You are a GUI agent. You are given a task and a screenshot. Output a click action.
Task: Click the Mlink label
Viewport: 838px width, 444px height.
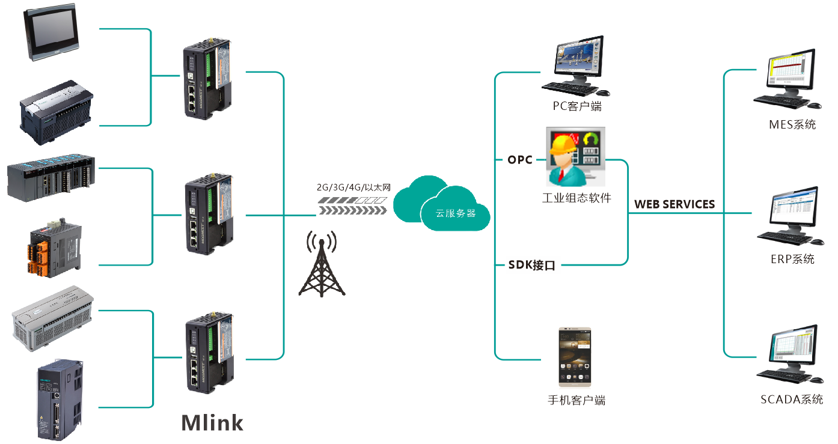[x=212, y=422]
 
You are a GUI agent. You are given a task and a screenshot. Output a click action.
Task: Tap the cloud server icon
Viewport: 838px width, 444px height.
[x=442, y=204]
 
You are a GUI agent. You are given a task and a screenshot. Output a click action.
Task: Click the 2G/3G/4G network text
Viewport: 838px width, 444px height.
[x=353, y=187]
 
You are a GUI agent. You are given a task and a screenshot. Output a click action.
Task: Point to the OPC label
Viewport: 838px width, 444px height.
[x=520, y=160]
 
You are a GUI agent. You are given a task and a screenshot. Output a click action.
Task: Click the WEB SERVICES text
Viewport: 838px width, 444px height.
[x=674, y=204]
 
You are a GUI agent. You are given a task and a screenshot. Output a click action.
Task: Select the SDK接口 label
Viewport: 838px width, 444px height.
[x=531, y=265]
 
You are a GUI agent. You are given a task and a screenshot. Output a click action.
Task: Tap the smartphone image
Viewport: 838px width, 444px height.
[x=575, y=357]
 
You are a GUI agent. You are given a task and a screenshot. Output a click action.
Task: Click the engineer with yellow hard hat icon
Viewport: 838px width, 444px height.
[x=575, y=157]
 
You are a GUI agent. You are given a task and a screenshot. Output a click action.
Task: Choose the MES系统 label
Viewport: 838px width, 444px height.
[x=792, y=125]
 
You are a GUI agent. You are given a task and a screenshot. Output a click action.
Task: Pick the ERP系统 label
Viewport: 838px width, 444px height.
[x=792, y=259]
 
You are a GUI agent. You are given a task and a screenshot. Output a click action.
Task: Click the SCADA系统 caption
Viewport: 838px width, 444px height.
[x=791, y=400]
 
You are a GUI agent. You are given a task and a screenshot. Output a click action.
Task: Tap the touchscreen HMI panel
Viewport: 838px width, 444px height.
[x=52, y=33]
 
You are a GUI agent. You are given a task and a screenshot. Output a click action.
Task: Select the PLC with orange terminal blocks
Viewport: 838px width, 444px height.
[x=55, y=249]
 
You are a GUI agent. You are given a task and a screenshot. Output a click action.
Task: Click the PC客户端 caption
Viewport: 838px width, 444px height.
[x=577, y=107]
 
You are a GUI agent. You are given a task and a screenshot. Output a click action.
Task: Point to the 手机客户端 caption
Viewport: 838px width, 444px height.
[x=576, y=400]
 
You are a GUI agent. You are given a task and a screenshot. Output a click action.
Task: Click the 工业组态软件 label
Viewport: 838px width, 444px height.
[x=576, y=198]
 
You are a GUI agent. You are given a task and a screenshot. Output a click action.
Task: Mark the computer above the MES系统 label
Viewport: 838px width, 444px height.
[x=788, y=81]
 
